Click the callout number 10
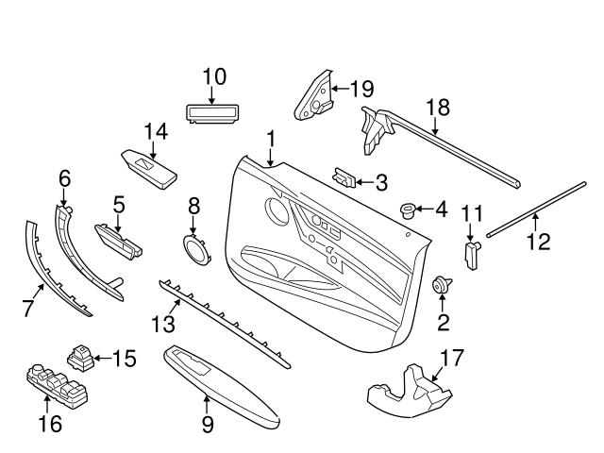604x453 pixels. point(214,76)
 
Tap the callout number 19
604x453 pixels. point(361,90)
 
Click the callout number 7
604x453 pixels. point(28,307)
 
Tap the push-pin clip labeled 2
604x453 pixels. point(441,285)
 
